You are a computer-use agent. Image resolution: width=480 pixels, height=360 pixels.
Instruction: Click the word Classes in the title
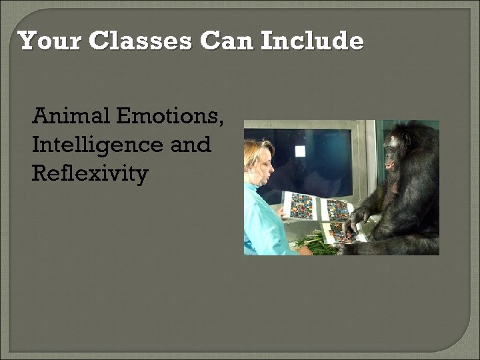[x=141, y=41]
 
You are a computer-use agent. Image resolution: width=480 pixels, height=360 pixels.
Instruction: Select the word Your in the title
[x=51, y=41]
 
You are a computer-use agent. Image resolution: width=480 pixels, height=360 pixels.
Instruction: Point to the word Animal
[x=71, y=116]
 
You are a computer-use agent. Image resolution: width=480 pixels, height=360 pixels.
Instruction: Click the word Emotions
[x=170, y=116]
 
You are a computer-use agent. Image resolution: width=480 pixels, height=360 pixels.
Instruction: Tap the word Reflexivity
[x=89, y=173]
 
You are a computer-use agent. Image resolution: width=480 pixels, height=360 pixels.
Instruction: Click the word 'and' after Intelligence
[x=191, y=145]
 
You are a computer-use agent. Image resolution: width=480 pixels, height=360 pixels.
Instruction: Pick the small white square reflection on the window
[x=300, y=151]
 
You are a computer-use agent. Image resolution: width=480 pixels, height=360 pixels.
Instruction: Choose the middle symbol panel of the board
[x=336, y=209]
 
